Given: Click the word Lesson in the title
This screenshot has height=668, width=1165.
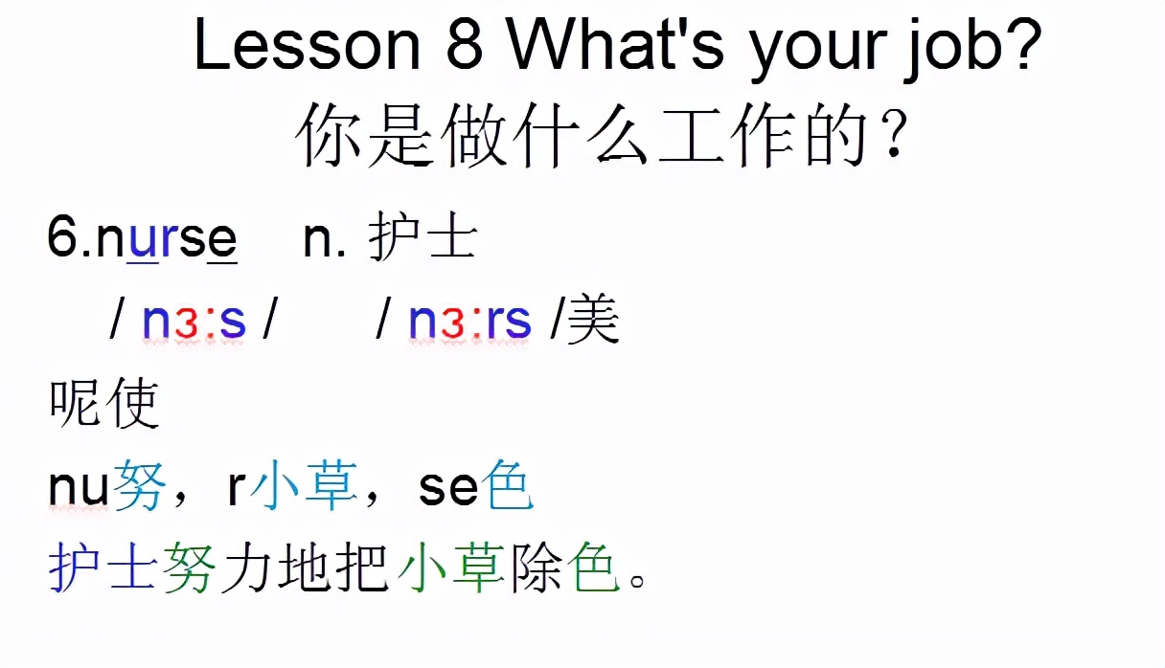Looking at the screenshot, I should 307,46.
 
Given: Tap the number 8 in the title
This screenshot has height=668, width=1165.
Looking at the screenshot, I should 465,46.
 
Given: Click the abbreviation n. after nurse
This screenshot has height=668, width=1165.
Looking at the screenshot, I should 324,240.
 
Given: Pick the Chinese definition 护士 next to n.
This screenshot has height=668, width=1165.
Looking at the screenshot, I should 423,238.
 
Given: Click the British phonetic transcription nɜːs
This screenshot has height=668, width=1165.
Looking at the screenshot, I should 194,322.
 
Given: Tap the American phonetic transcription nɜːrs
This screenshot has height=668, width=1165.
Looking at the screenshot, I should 469,322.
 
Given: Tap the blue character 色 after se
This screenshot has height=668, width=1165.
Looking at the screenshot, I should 508,489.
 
